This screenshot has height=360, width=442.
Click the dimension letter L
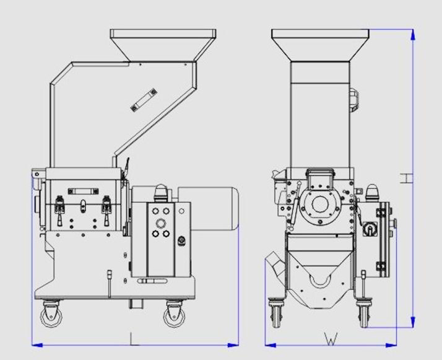tap(133, 338)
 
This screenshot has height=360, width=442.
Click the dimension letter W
tap(331, 339)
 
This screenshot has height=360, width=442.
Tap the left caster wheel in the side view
tap(48, 316)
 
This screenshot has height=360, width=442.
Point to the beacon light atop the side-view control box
tap(161, 190)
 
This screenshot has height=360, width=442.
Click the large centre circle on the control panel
tap(163, 222)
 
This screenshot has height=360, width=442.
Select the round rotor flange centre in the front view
tap(320, 205)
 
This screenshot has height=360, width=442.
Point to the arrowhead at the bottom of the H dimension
tap(412, 323)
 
